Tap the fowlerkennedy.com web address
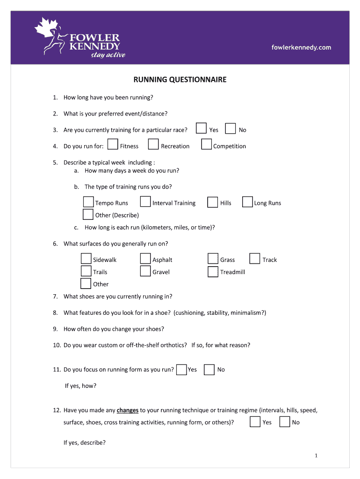click(x=301, y=47)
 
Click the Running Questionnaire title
click(x=180, y=80)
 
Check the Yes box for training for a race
click(x=202, y=129)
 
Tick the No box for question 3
click(x=230, y=129)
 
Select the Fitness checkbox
click(x=112, y=145)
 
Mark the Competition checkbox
click(x=206, y=145)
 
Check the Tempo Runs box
click(x=88, y=202)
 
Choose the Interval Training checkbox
click(x=145, y=202)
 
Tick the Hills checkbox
click(x=213, y=202)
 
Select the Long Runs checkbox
click(x=247, y=202)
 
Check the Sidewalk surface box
click(x=86, y=259)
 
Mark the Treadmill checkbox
click(x=213, y=271)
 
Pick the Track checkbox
click(x=255, y=259)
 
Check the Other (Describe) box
click(x=88, y=215)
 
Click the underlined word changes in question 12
click(x=128, y=410)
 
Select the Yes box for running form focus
click(x=181, y=370)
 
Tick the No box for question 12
click(x=284, y=422)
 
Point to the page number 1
click(x=317, y=456)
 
